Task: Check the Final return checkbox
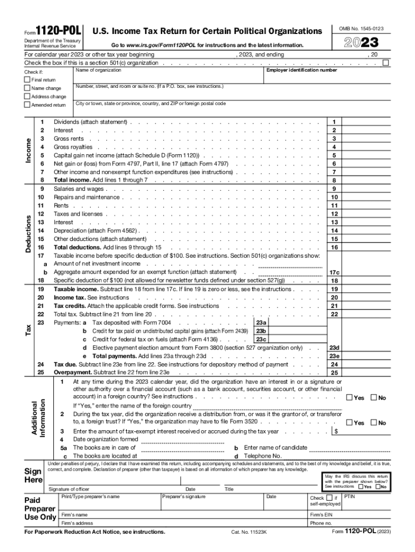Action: click(27, 80)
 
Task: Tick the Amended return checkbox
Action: click(27, 105)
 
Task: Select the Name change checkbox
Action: click(27, 88)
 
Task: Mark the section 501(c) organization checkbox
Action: click(385, 63)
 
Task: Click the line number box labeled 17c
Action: click(334, 272)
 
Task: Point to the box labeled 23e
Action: click(334, 356)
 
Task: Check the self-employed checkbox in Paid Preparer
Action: click(329, 498)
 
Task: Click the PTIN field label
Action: click(350, 496)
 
